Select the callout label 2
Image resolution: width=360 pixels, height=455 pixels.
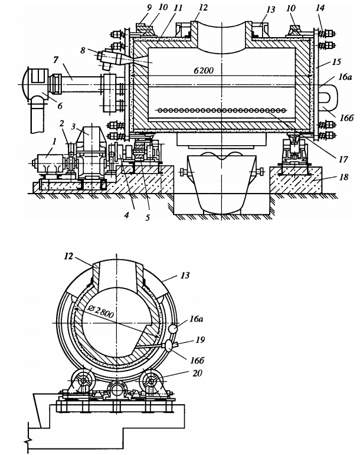pos(61,122)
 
